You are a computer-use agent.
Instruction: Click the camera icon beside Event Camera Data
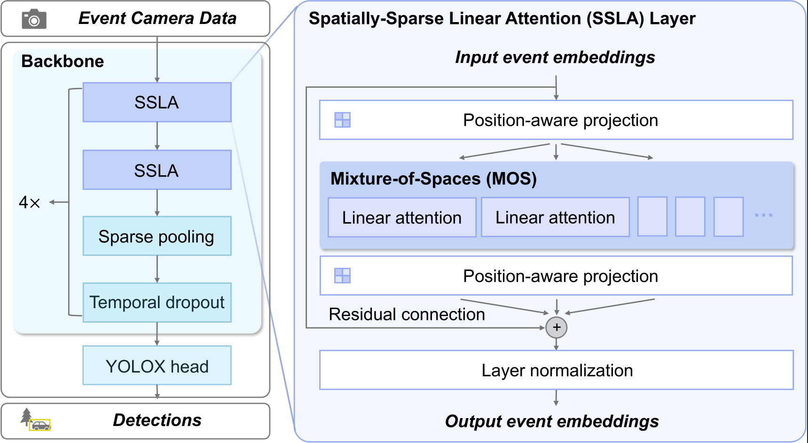tap(34, 19)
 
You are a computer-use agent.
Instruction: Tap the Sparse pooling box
tap(157, 236)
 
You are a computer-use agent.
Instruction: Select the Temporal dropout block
tap(157, 303)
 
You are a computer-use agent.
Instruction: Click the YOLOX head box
tap(157, 365)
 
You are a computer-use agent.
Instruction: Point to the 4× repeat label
tap(29, 202)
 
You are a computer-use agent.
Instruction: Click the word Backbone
tap(63, 61)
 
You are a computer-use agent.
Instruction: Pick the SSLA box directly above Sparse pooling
tap(157, 170)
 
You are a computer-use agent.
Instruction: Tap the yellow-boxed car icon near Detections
tap(40, 425)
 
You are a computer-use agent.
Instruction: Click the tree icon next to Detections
tap(26, 416)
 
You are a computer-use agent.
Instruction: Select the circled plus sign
tap(557, 327)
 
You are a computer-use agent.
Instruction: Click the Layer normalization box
tap(557, 370)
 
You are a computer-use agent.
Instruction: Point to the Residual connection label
tap(407, 314)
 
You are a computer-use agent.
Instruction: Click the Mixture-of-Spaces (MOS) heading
tap(433, 179)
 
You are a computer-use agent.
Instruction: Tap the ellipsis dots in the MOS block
tap(763, 215)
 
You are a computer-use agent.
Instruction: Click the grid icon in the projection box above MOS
tap(342, 120)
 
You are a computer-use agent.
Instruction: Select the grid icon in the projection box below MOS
tap(342, 275)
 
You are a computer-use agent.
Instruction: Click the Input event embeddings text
tap(555, 57)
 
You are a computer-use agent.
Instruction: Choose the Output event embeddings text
tap(552, 421)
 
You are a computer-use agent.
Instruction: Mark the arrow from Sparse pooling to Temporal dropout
tap(157, 269)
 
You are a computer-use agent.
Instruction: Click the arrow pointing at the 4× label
tap(59, 202)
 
